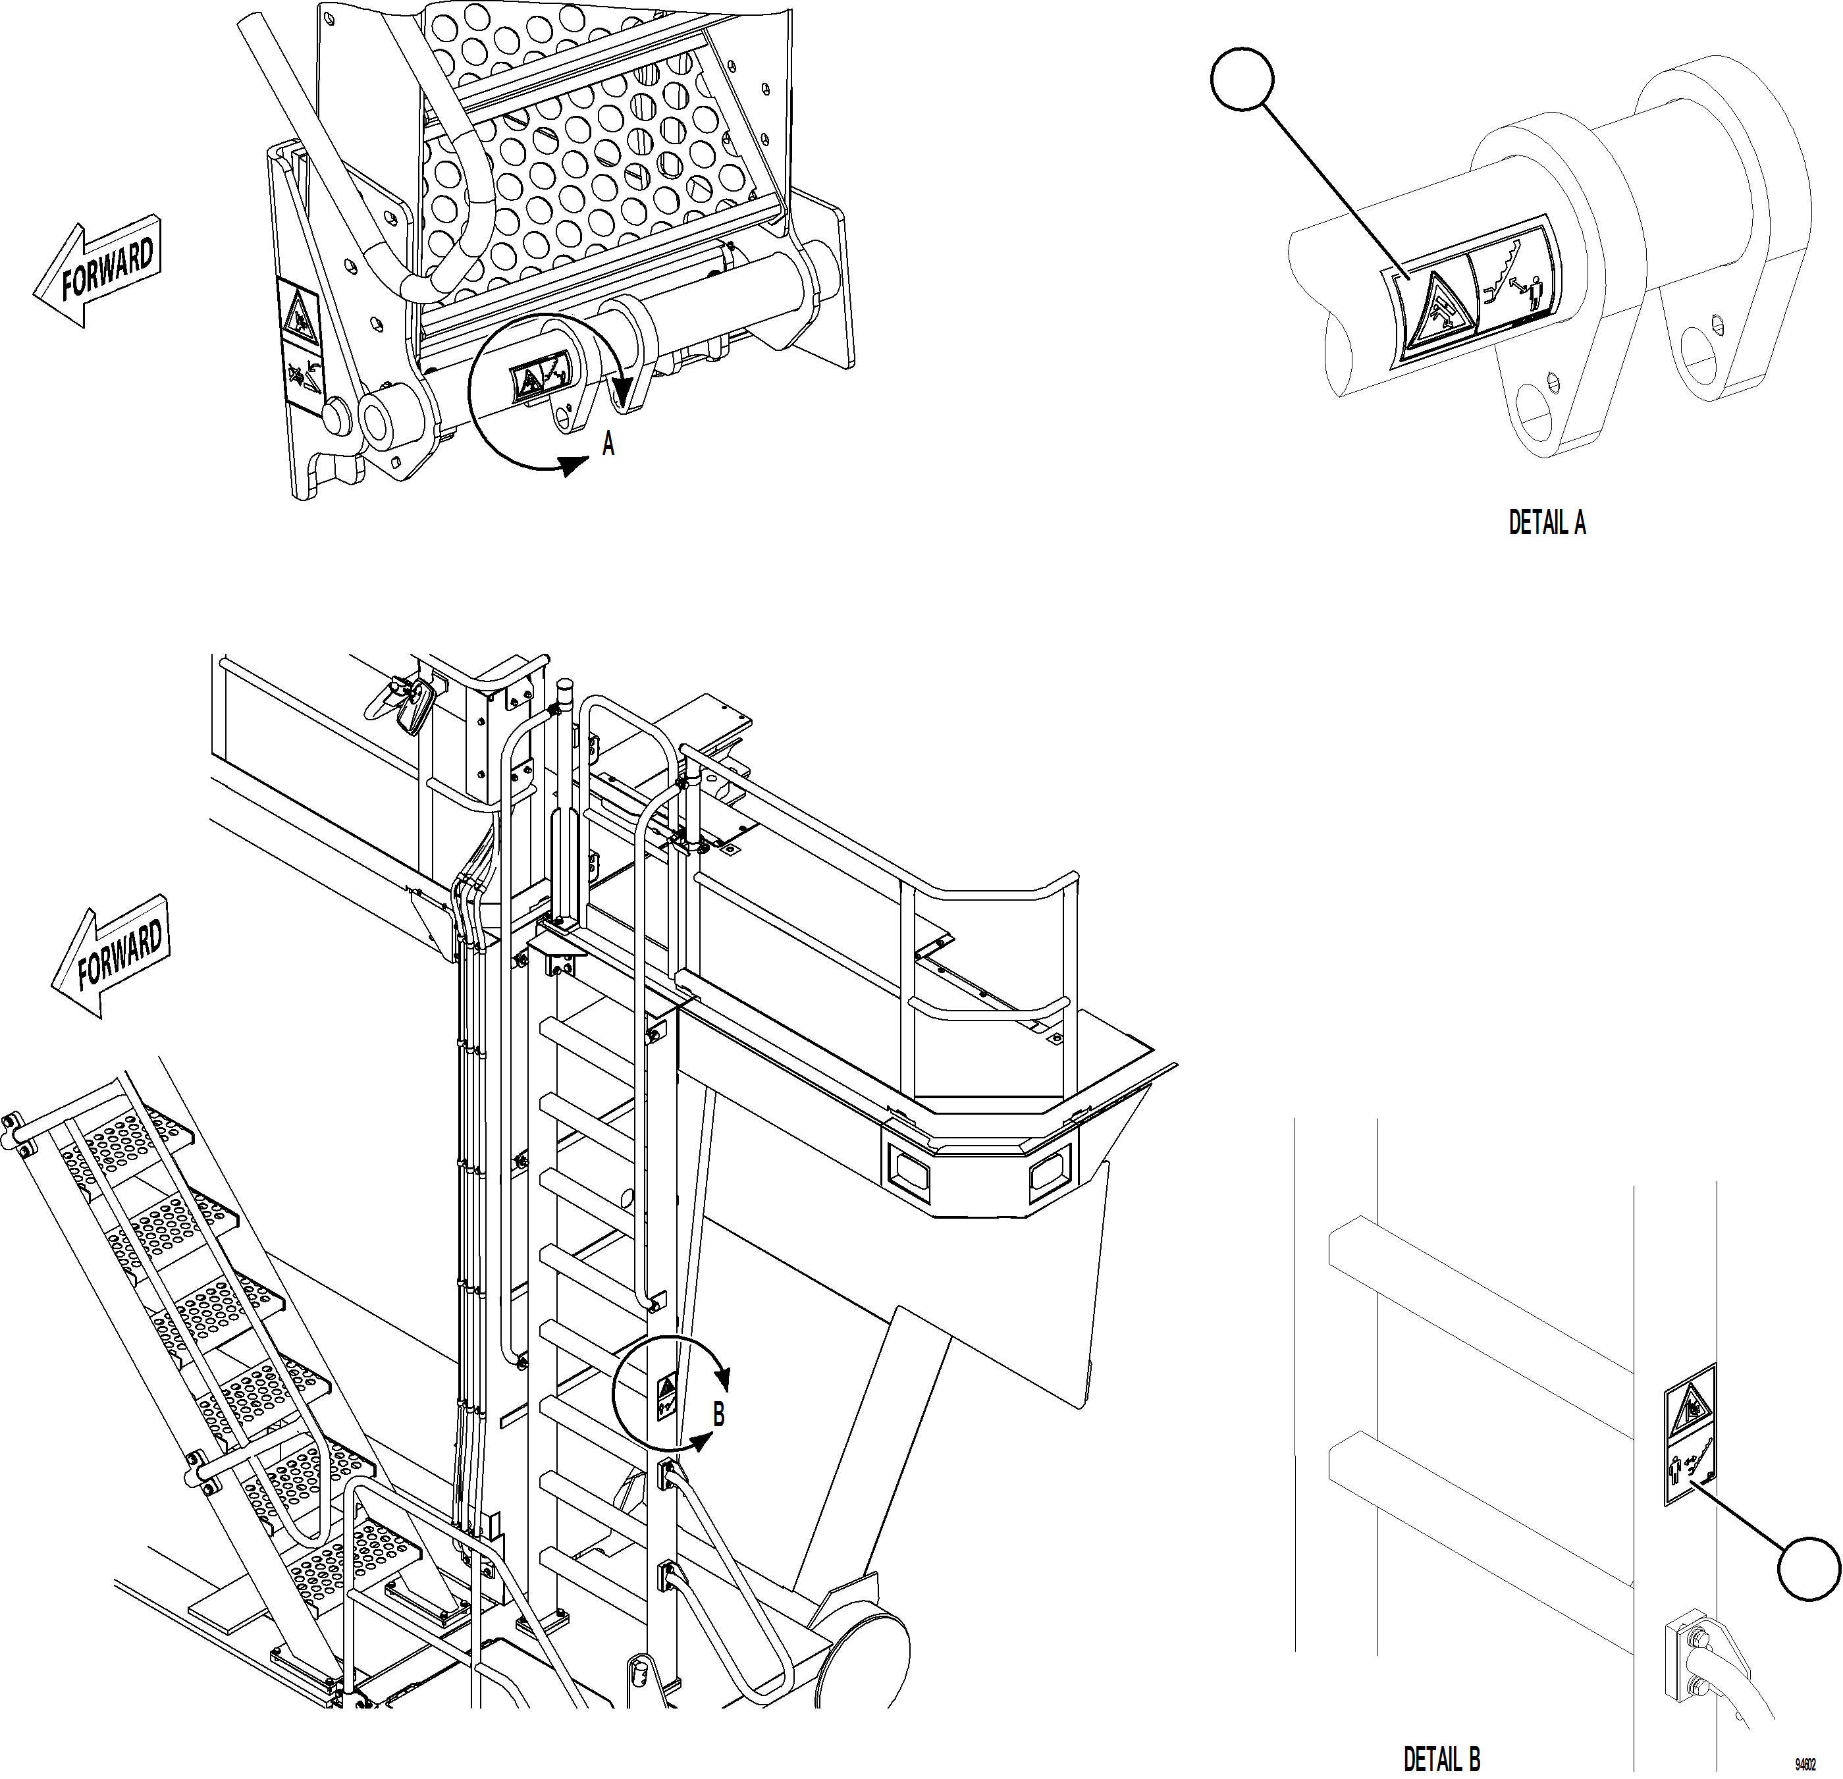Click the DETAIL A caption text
1547,523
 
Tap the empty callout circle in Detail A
1241,80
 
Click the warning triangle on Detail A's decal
1432,314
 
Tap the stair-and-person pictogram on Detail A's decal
1510,277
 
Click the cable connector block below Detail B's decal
1683,1660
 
